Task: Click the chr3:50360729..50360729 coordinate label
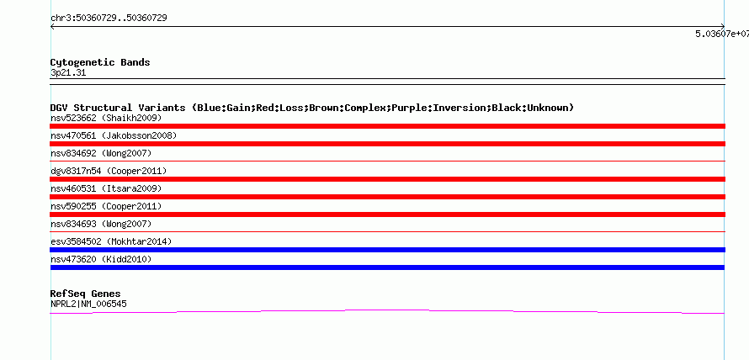tap(109, 18)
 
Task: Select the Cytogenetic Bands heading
tap(100, 62)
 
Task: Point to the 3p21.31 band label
tap(68, 73)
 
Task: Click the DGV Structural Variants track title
tap(311, 108)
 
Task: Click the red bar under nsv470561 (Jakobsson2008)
tap(387, 144)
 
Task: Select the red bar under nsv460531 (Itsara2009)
tap(387, 197)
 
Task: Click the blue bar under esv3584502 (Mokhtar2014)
tap(387, 250)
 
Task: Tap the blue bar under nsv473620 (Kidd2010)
tap(387, 267)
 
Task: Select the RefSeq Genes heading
tap(85, 294)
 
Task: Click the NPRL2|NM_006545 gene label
tap(88, 304)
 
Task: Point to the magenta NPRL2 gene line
tap(387, 310)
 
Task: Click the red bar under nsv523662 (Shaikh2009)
tap(387, 126)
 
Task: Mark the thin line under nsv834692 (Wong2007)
tap(387, 161)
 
